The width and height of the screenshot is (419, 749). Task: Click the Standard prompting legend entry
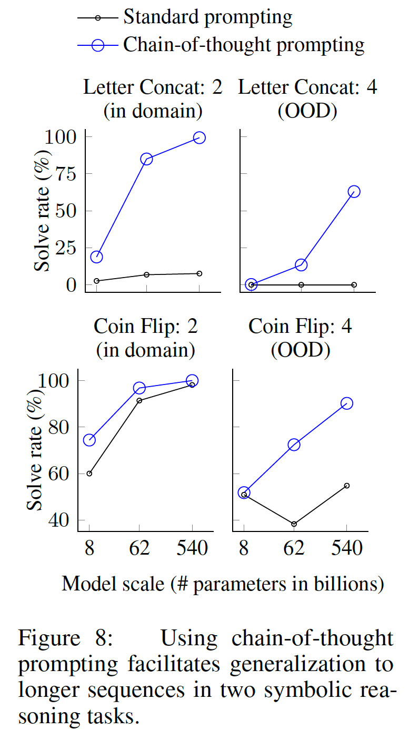pos(207,17)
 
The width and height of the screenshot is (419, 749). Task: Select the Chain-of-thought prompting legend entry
pos(243,44)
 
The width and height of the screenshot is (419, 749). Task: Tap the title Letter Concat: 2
pos(153,87)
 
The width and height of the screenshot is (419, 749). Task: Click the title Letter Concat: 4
pos(307,87)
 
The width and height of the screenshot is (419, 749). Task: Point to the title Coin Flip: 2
pos(145,327)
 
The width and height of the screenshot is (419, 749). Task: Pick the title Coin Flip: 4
pos(300,327)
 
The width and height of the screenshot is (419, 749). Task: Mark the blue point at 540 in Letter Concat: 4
pos(354,192)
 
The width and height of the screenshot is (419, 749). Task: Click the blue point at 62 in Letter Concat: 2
pos(146,159)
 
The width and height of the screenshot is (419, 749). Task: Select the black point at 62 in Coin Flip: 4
pos(294,524)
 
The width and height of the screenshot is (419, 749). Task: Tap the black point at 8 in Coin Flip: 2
pos(89,474)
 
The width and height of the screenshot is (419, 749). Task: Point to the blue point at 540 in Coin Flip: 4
pos(346,403)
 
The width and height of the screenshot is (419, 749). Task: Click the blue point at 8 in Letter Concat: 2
pos(96,257)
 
